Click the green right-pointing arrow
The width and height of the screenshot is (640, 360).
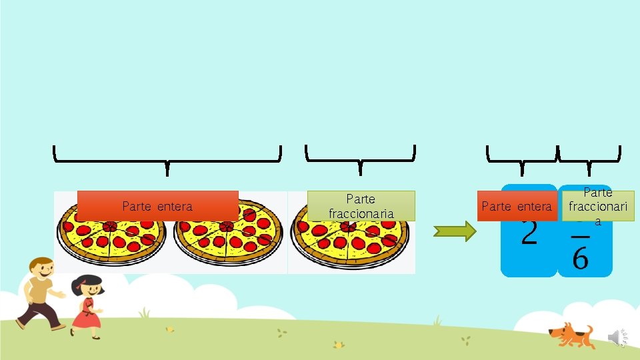pyautogui.click(x=455, y=231)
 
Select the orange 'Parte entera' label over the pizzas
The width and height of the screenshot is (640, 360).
pyautogui.click(x=157, y=206)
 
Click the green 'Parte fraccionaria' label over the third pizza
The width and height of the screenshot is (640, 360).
pyautogui.click(x=361, y=206)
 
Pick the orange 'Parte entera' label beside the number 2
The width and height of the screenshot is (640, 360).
pyautogui.click(x=516, y=207)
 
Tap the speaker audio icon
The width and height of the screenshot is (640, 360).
pyautogui.click(x=617, y=338)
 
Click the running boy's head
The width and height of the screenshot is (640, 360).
pyautogui.click(x=41, y=269)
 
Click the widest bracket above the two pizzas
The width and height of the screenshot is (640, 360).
pyautogui.click(x=167, y=157)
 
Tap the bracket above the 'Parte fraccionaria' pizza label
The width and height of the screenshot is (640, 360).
pyautogui.click(x=360, y=157)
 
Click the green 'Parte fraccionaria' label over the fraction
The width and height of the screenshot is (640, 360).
pyautogui.click(x=597, y=203)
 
